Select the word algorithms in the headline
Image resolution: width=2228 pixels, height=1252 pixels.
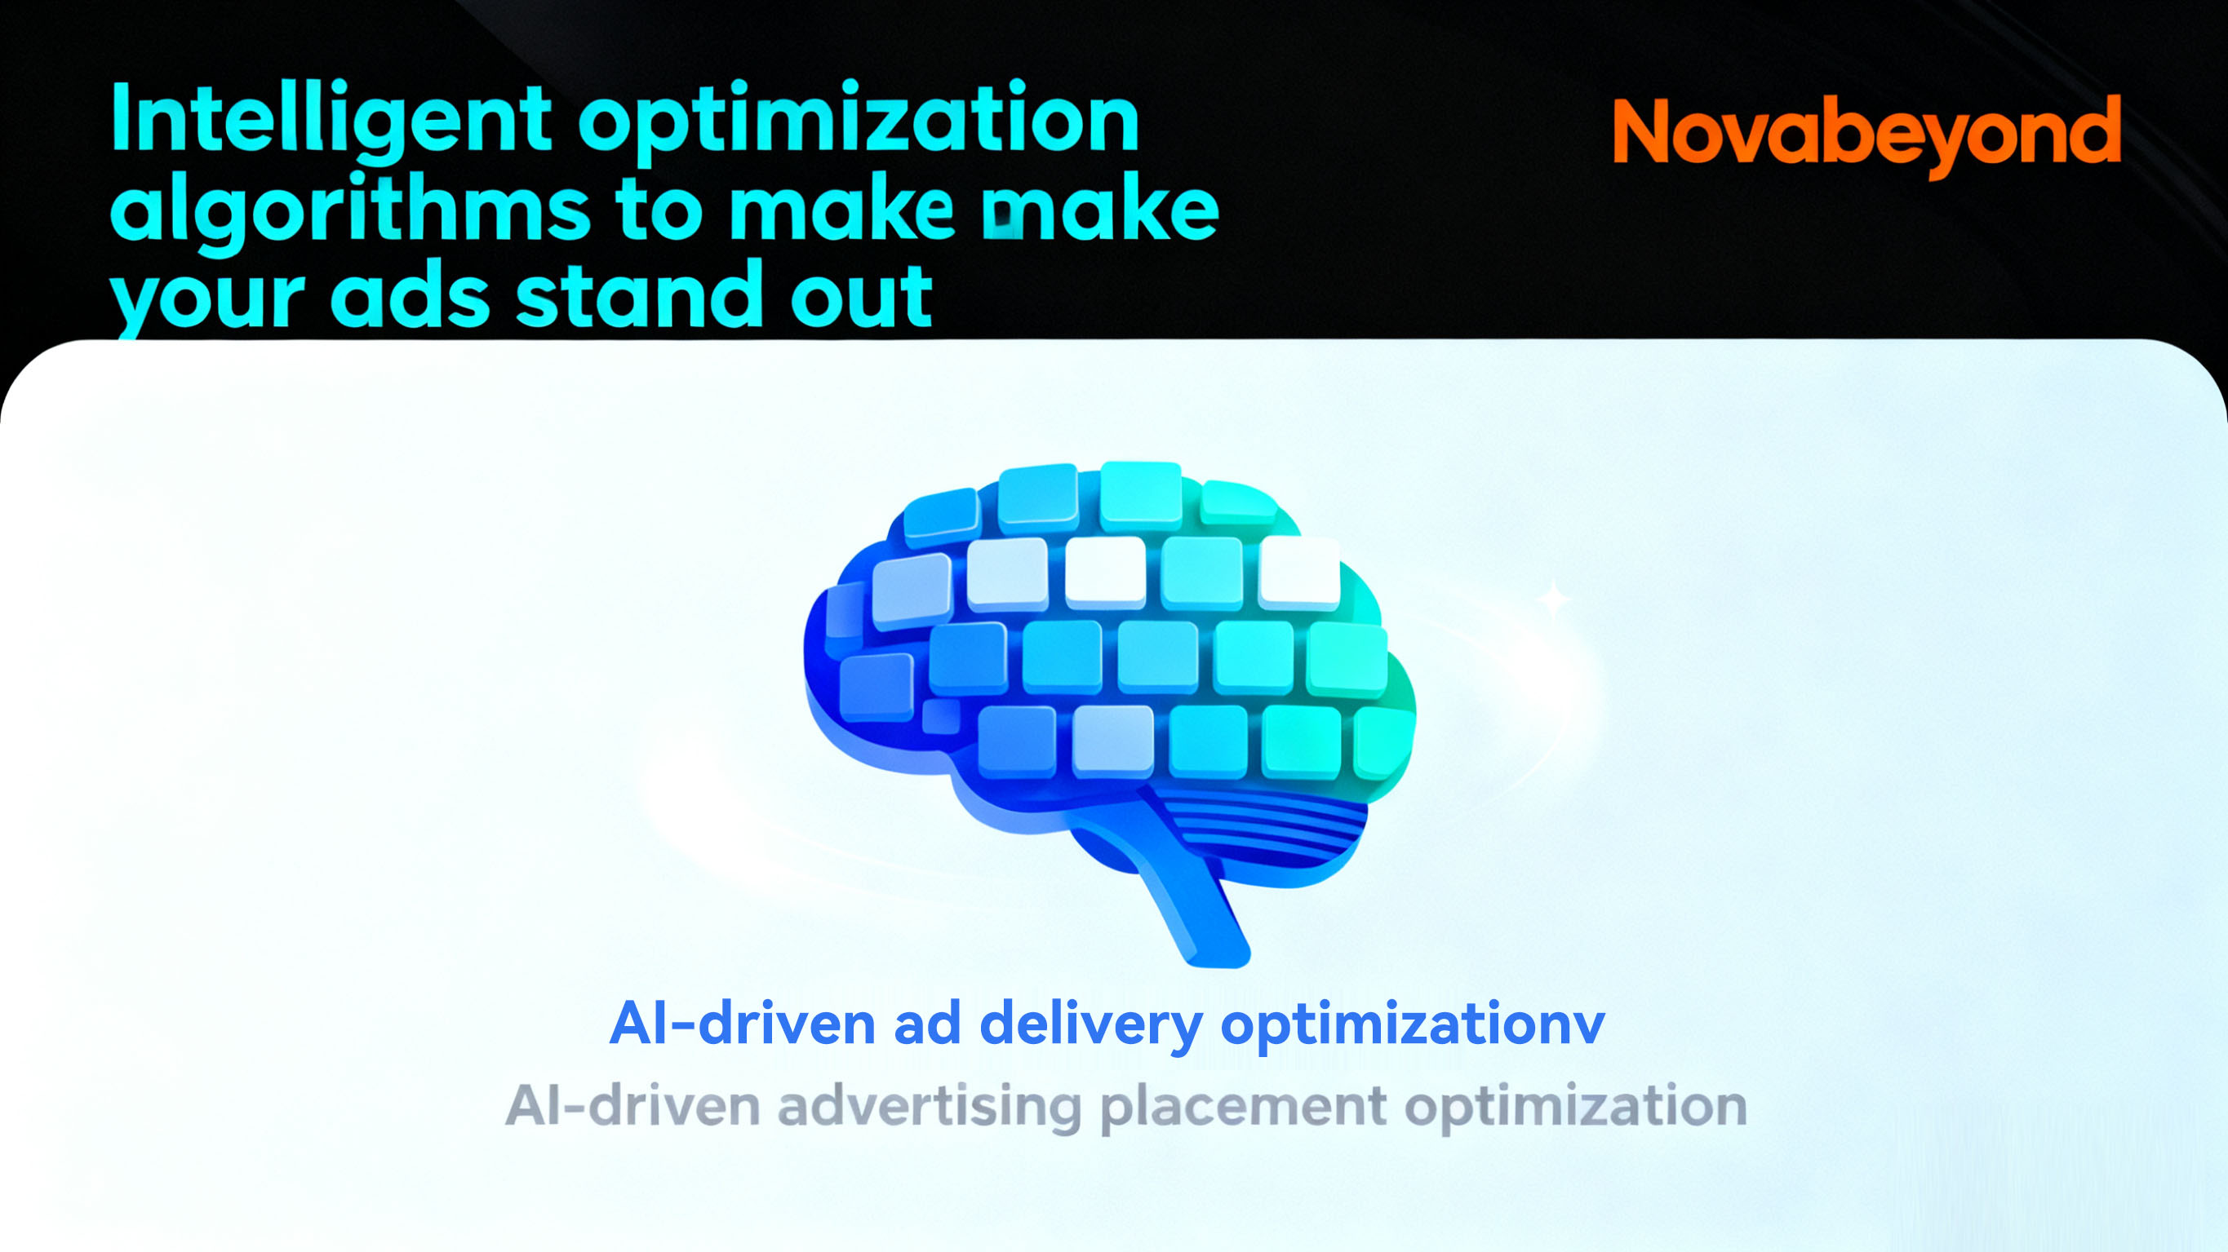pyautogui.click(x=350, y=210)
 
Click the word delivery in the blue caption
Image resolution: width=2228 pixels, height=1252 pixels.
pyautogui.click(x=1091, y=1027)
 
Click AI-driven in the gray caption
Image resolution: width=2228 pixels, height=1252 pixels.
pyautogui.click(x=632, y=1106)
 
